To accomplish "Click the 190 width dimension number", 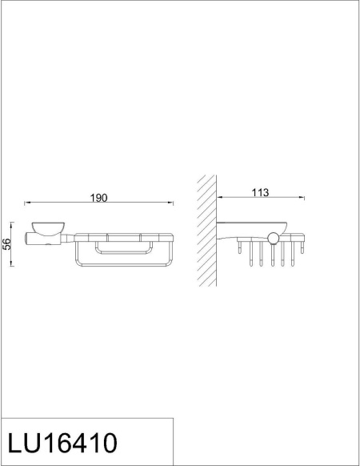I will point(98,198).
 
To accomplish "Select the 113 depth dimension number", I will point(260,192).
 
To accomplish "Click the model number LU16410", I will point(62,443).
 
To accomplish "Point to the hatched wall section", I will point(206,231).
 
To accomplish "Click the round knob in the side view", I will point(274,237).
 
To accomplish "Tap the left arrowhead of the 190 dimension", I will point(26,203).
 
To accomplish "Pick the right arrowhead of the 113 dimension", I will point(302,198).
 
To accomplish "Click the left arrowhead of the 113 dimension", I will point(218,198).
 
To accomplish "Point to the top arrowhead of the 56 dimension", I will point(13,223).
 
